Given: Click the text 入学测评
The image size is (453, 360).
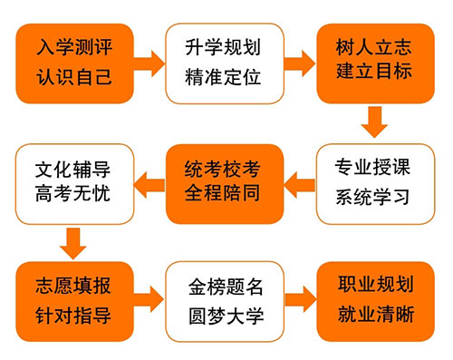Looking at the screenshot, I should click(x=76, y=46).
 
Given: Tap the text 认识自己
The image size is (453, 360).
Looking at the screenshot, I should click(x=76, y=76).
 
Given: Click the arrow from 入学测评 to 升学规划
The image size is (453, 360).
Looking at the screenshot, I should click(x=149, y=63).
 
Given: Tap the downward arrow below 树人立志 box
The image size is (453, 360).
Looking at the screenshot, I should click(x=374, y=122).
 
